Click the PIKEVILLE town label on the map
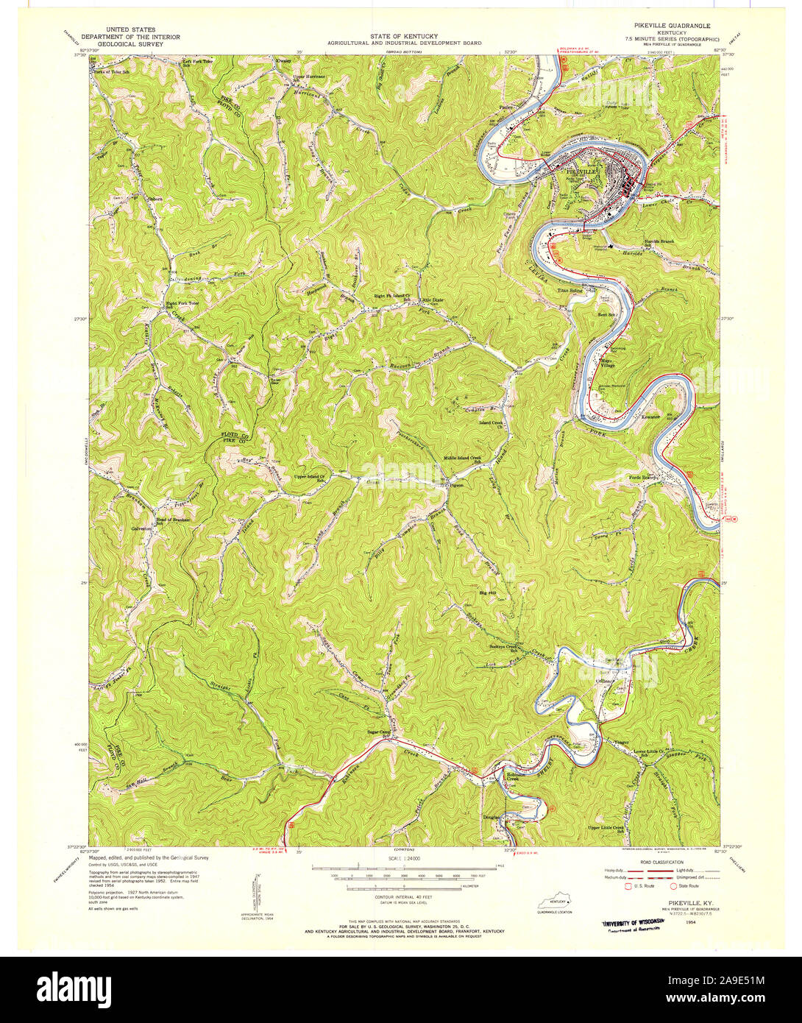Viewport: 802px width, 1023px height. (581, 171)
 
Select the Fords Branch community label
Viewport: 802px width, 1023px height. (642, 478)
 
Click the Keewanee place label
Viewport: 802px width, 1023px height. (651, 417)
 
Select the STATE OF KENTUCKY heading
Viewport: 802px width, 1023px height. (405, 36)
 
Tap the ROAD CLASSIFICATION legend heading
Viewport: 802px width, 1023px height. (660, 862)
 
